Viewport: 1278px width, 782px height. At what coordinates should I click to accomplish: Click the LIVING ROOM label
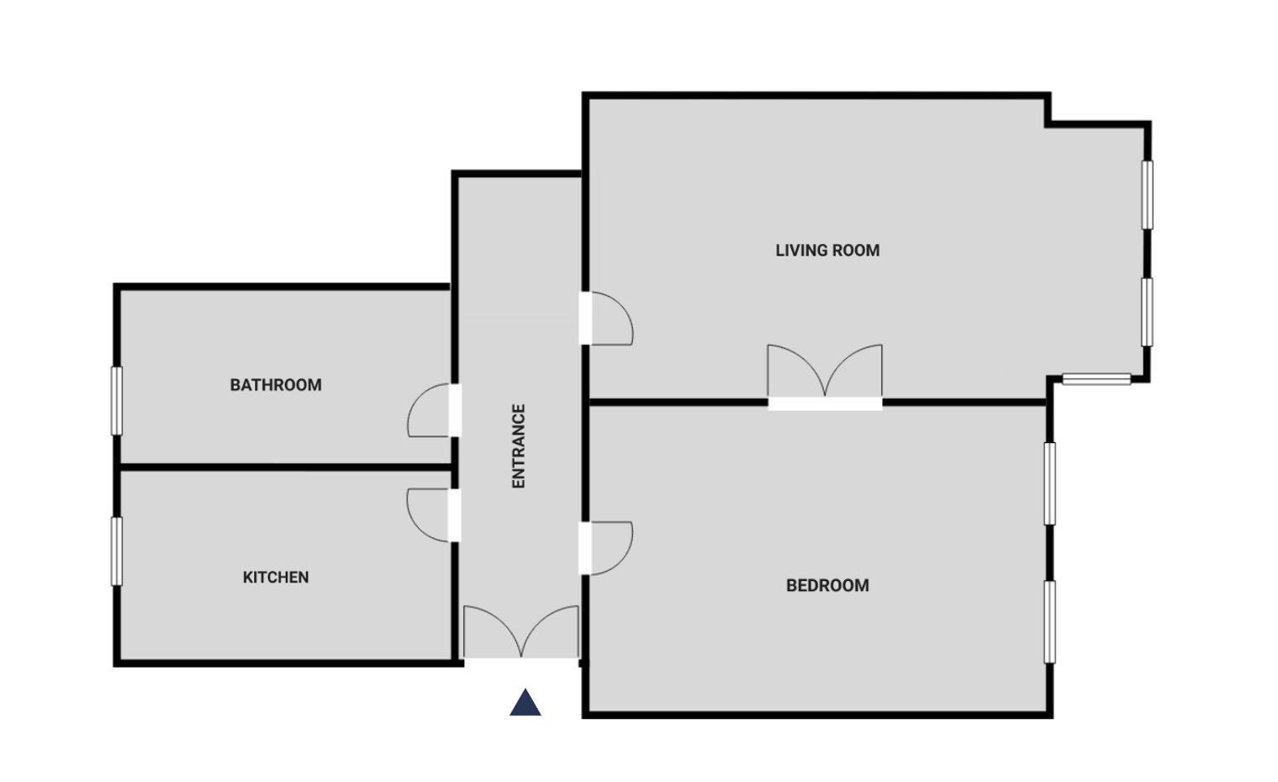(x=827, y=251)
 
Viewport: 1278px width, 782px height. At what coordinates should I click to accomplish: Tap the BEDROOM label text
(x=827, y=585)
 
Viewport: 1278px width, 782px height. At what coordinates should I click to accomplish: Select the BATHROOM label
(x=276, y=385)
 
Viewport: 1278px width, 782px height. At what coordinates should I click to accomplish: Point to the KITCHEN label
(x=276, y=578)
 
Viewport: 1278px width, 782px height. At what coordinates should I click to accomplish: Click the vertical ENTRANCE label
(x=519, y=446)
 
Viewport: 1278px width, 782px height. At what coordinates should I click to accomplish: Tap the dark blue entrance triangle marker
(x=525, y=703)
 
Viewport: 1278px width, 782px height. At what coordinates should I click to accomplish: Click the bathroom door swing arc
(x=429, y=410)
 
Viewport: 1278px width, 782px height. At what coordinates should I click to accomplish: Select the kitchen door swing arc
(x=429, y=515)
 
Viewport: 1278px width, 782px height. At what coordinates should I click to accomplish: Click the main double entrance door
(x=521, y=632)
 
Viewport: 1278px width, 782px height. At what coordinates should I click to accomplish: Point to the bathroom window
(x=117, y=401)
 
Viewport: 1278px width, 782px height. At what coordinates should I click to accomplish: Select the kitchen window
(x=117, y=551)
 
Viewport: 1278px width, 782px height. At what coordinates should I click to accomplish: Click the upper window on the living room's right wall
(x=1147, y=194)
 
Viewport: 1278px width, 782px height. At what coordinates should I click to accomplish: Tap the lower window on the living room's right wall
(x=1147, y=312)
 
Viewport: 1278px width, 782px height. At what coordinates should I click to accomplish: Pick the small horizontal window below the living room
(x=1096, y=379)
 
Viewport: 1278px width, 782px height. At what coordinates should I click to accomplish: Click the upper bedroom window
(x=1050, y=483)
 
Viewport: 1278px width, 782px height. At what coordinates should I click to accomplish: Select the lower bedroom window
(x=1050, y=621)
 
